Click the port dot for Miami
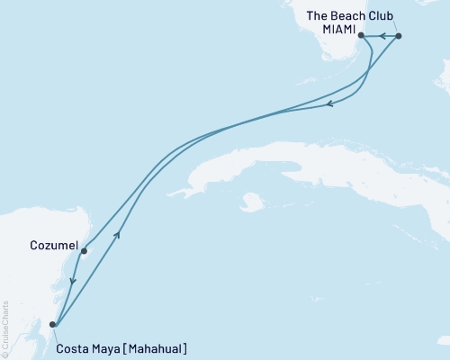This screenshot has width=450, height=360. tap(361, 36)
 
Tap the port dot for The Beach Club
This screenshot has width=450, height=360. tap(399, 36)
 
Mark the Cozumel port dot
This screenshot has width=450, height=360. tap(83, 251)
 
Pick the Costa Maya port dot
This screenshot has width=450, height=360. tap(53, 324)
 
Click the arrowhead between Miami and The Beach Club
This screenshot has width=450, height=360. tap(382, 36)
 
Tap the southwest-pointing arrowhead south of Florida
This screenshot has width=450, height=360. tap(329, 105)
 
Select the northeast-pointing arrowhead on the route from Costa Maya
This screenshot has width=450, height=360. tap(118, 233)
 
